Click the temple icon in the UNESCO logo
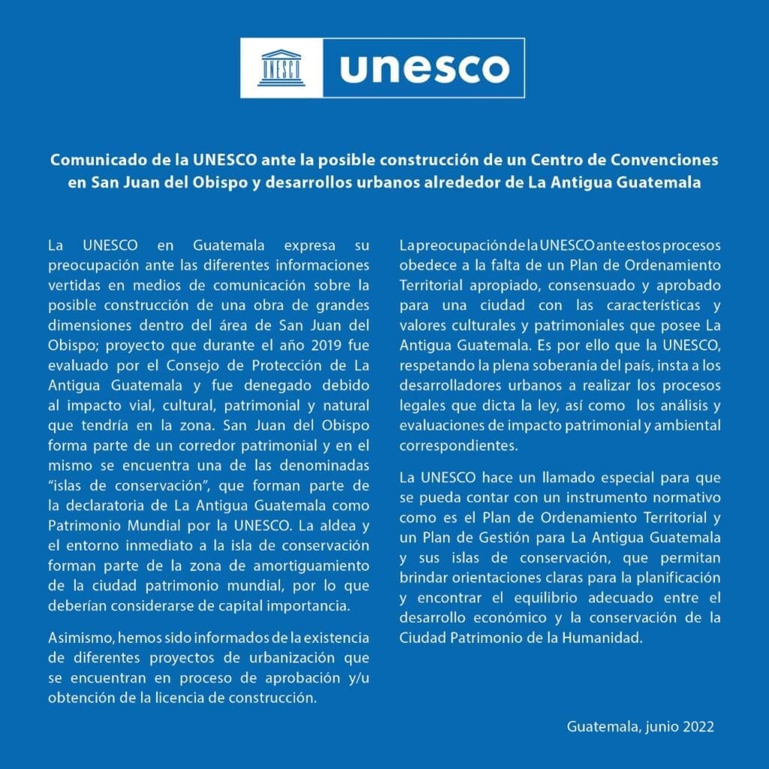282,68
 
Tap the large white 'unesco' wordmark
424,68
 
